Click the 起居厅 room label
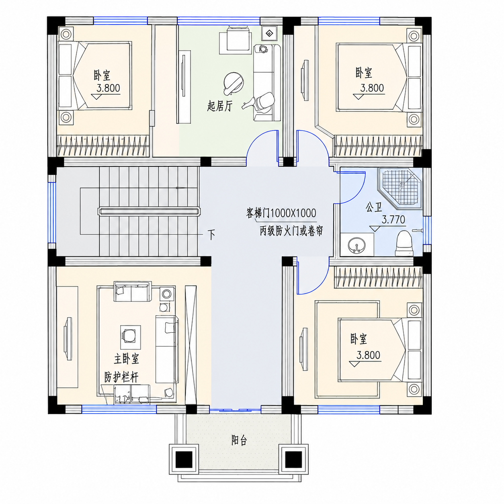pos(220,107)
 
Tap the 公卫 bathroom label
pos(374,208)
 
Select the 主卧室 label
pos(126,359)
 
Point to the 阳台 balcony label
pos(239,440)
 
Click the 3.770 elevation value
pos(393,220)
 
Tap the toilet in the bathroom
pos(404,243)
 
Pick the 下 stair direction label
pos(211,235)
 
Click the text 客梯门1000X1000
pos(281,213)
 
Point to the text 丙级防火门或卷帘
pos(291,231)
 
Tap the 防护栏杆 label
pos(121,377)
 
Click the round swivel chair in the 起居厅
pos(233,83)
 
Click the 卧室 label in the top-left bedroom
pos(102,75)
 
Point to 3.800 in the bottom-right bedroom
pos(368,355)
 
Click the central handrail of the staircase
pos(149,211)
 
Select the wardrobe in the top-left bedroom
pos(103,146)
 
